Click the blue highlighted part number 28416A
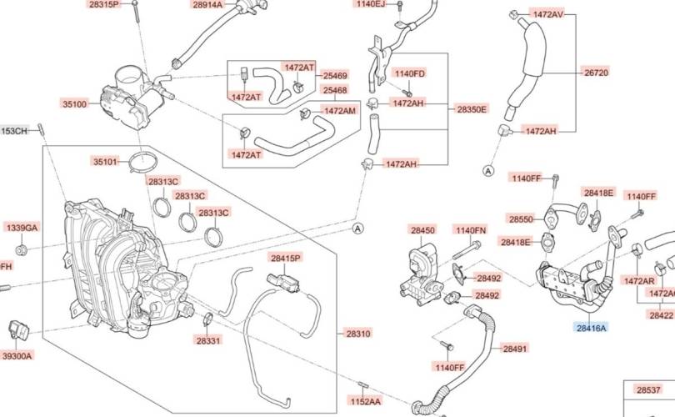point(591,329)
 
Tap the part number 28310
point(357,333)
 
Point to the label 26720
point(596,73)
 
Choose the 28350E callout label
point(472,109)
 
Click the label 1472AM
point(339,111)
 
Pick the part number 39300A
point(17,356)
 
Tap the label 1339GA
point(22,228)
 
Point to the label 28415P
point(284,259)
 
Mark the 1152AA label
point(364,401)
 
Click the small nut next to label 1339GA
point(23,249)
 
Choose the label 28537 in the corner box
point(648,389)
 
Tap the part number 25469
point(335,75)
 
